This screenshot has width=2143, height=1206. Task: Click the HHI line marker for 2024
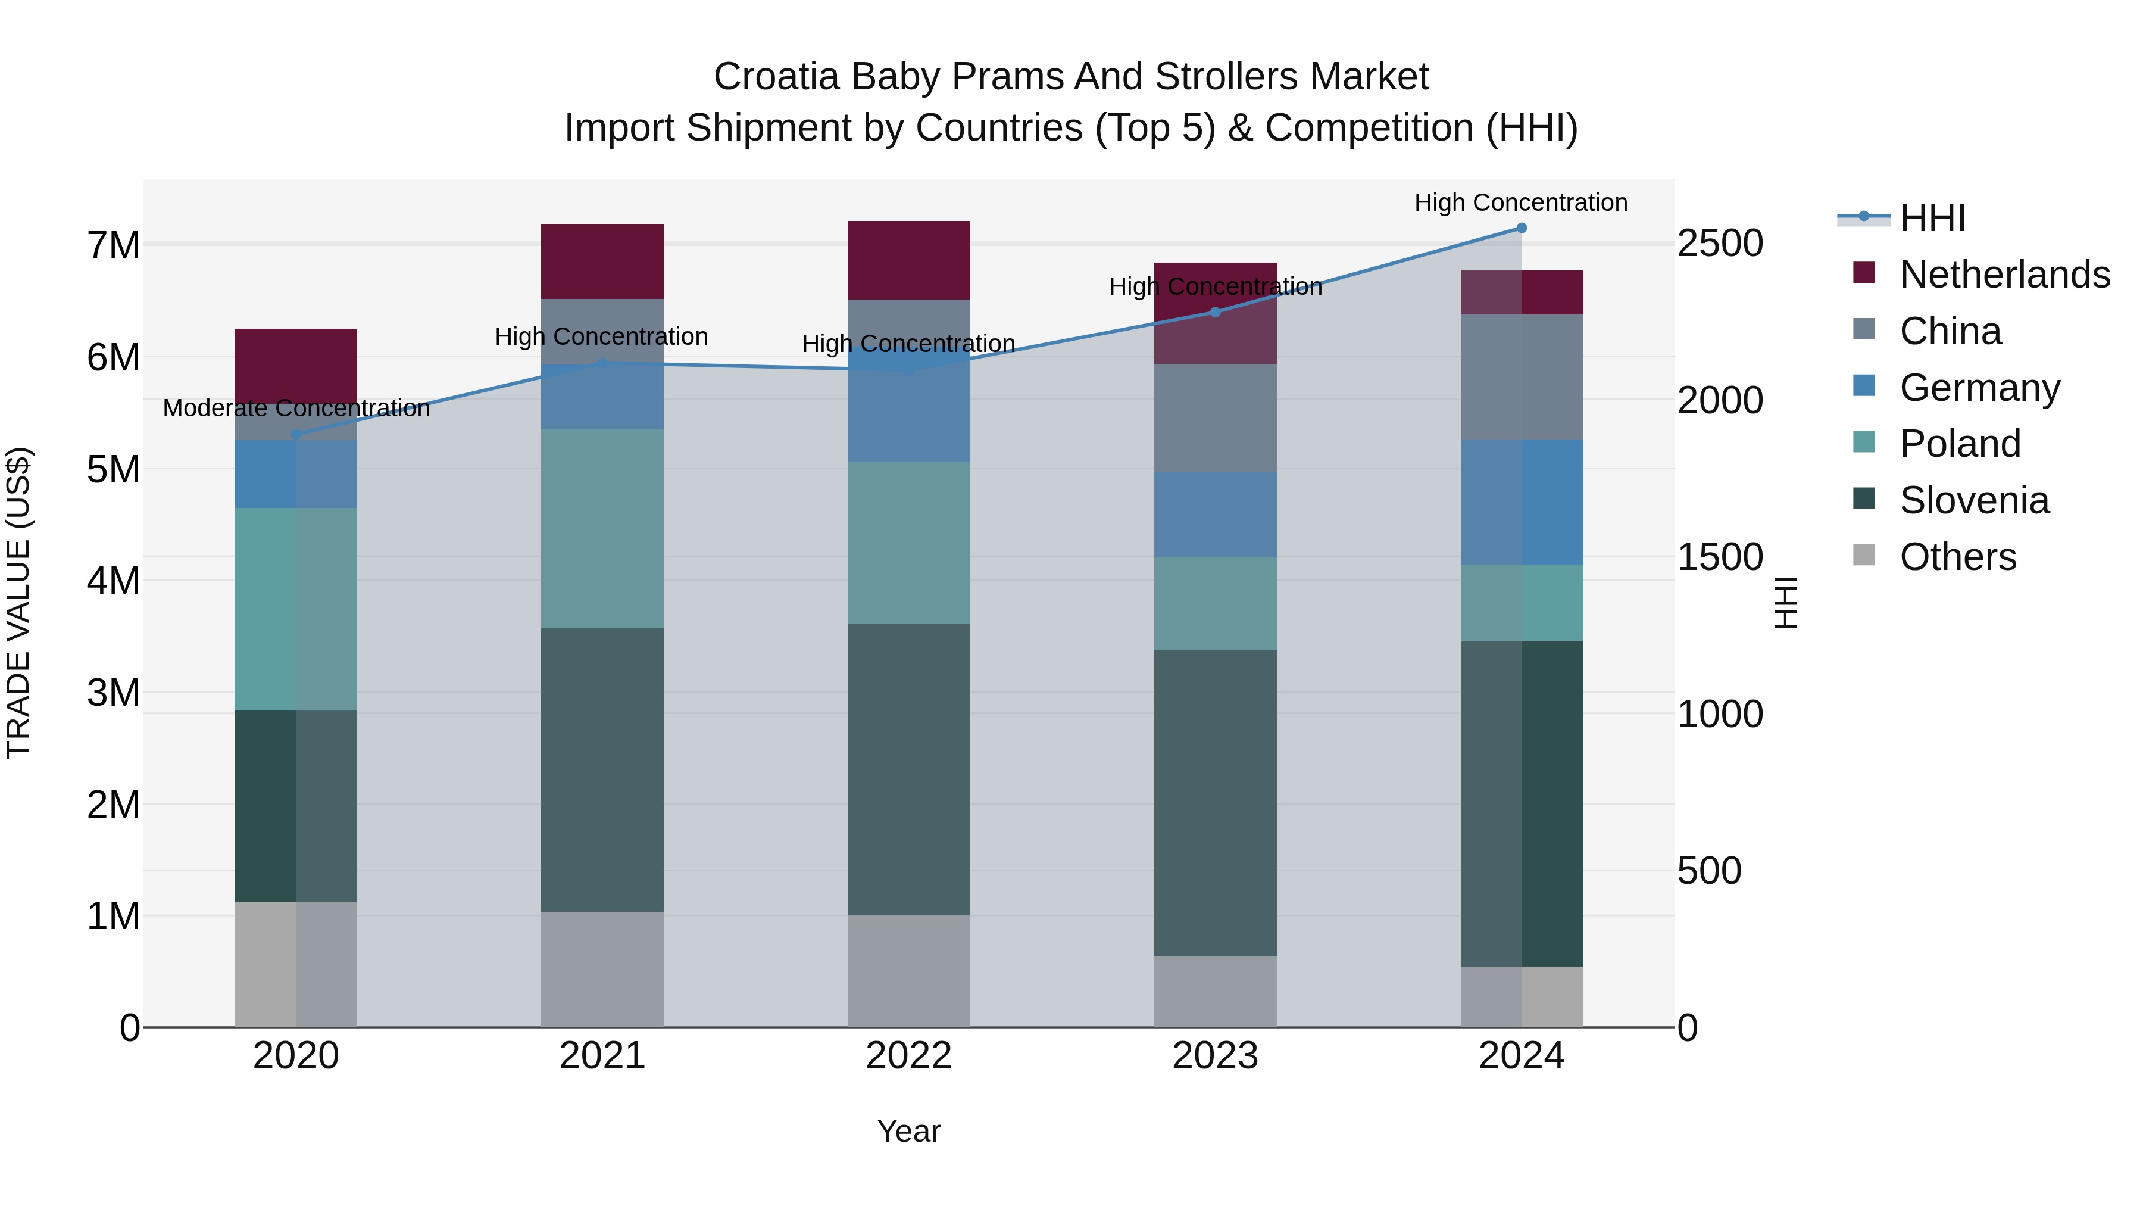click(x=1522, y=228)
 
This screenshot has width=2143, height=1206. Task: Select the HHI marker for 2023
click(x=1214, y=312)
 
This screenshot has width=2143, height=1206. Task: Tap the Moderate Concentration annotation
click(x=296, y=408)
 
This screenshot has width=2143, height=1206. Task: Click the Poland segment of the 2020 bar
click(x=296, y=609)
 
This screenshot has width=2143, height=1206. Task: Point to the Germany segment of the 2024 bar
click(x=1522, y=502)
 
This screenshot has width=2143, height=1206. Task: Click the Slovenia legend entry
click(x=1973, y=500)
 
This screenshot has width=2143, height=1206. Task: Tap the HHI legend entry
click(x=1932, y=218)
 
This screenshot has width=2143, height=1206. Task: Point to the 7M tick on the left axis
click(x=113, y=245)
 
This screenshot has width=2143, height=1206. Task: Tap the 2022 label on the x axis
click(x=908, y=1056)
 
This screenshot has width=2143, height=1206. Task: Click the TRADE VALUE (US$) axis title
click(x=18, y=603)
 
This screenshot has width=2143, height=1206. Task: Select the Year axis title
click(x=908, y=1131)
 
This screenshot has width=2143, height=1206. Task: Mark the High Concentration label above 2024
click(x=1521, y=202)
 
